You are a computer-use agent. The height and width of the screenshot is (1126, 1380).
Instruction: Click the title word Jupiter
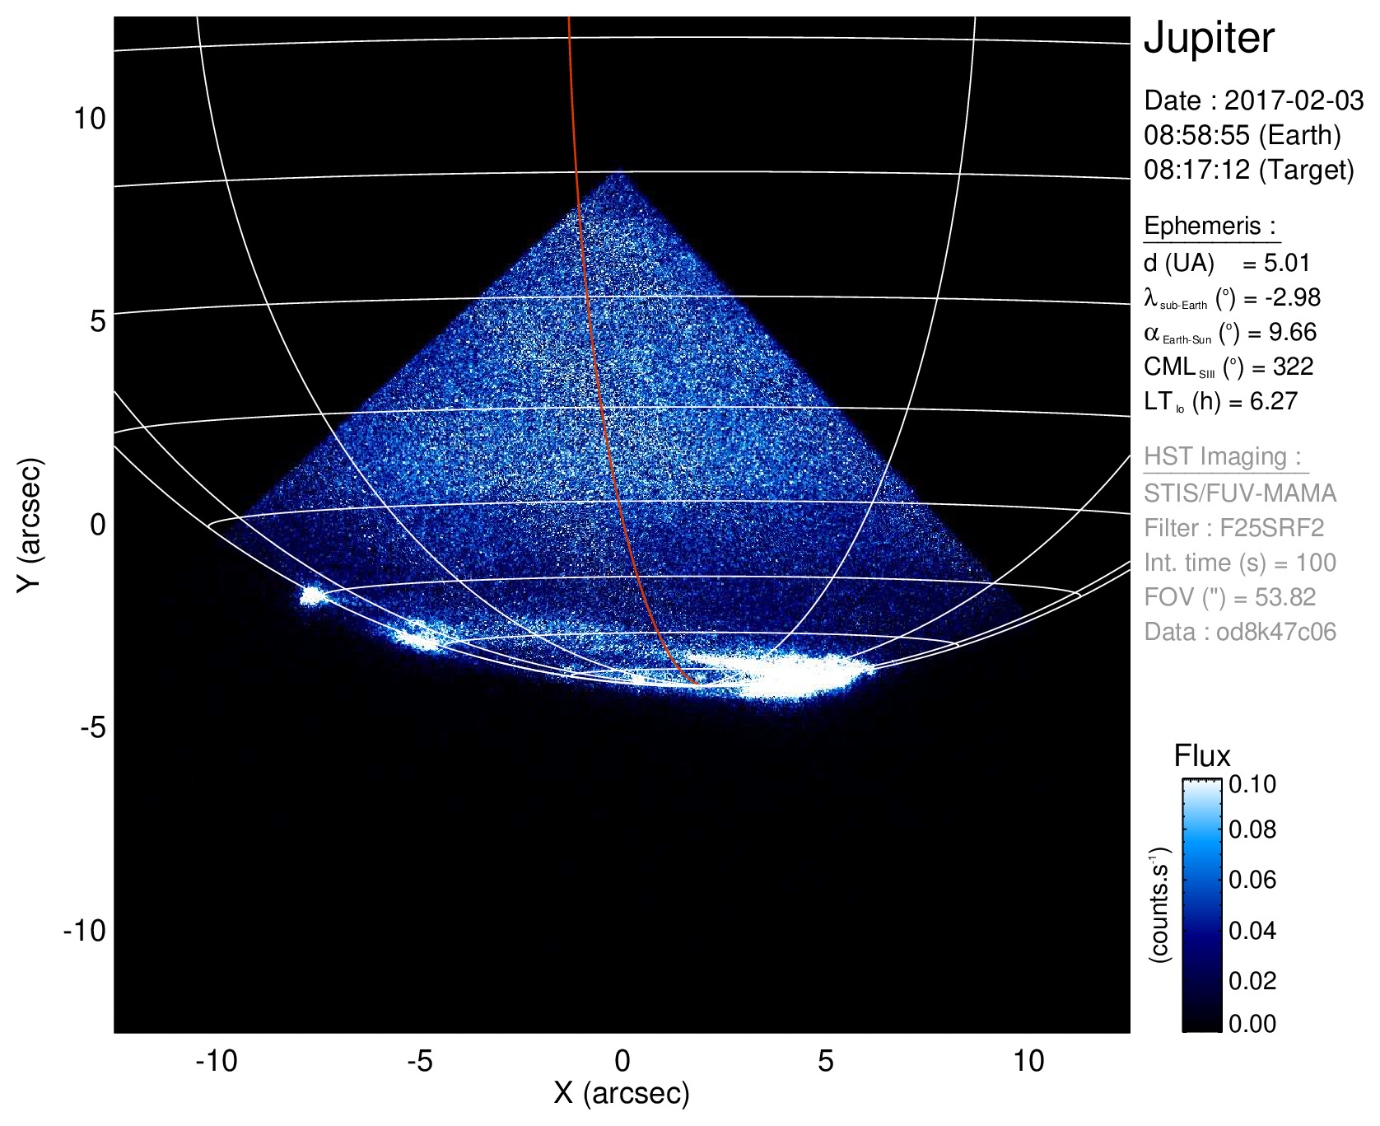pos(1209,39)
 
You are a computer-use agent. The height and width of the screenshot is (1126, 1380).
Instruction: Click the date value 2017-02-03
pos(1294,100)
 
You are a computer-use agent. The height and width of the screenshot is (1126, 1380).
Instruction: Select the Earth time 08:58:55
pos(1196,135)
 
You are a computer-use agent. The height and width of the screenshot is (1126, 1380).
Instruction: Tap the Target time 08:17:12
pos(1196,170)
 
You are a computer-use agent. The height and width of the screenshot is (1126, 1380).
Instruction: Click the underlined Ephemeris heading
pos(1210,226)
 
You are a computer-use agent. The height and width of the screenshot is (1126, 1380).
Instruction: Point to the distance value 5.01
pos(1287,263)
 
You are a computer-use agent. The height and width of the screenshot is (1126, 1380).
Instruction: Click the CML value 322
pos(1293,367)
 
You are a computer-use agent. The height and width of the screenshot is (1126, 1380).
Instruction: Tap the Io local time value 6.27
pos(1273,401)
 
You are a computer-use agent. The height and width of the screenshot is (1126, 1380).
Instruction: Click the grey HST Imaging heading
pos(1223,456)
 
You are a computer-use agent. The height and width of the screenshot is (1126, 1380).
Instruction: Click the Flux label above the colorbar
pos(1201,756)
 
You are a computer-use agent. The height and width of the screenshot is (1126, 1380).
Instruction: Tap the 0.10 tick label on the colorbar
pos(1252,784)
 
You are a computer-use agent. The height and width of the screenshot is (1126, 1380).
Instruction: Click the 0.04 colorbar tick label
pos(1252,930)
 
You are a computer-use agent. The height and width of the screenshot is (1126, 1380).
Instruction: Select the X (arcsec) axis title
pos(622,1093)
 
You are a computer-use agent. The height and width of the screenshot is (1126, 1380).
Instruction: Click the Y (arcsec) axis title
pos(30,525)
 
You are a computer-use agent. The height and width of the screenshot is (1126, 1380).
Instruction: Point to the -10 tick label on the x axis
pos(216,1061)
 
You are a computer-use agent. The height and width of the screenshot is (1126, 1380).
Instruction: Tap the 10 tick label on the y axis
pos(90,119)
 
